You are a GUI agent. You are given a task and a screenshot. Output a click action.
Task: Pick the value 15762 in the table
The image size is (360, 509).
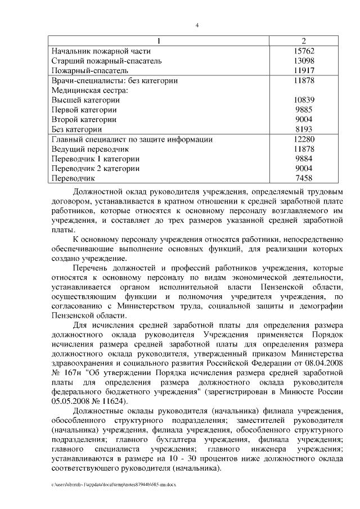tap(304, 51)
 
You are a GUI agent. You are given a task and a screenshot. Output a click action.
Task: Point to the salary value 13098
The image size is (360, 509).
tap(304, 61)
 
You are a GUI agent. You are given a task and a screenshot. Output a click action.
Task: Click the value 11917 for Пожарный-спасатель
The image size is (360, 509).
tap(304, 71)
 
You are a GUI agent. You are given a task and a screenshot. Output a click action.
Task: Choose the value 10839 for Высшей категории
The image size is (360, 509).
tap(304, 100)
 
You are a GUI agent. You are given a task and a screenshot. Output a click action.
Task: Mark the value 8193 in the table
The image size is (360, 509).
tap(304, 129)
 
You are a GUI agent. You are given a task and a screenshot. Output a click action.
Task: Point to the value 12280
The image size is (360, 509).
tap(304, 139)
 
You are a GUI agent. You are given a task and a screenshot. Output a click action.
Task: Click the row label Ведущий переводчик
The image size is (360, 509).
tap(90, 149)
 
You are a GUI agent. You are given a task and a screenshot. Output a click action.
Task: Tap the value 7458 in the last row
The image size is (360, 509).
tap(304, 178)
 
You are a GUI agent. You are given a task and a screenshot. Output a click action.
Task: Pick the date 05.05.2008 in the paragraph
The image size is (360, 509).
tap(70, 400)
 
